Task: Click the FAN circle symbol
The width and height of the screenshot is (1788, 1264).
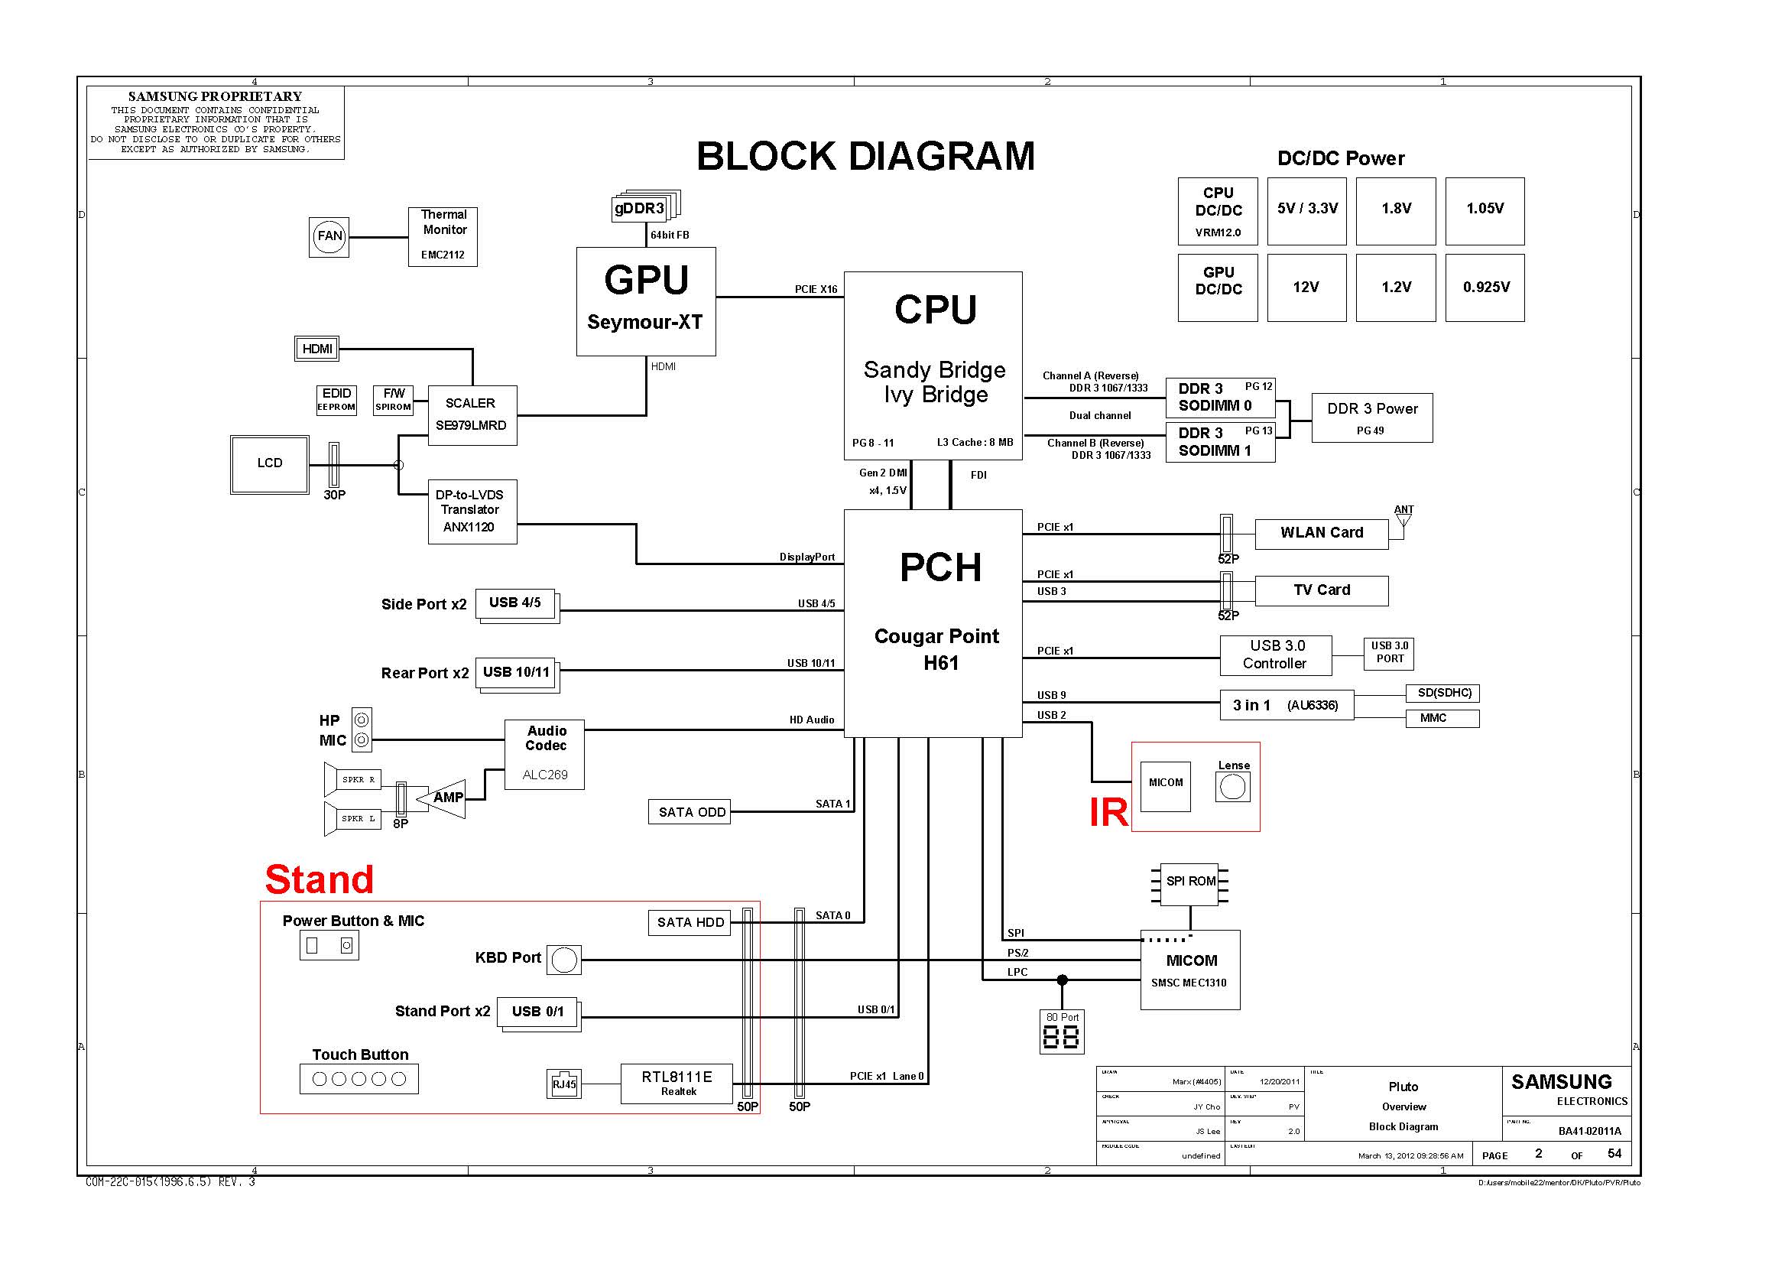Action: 329,237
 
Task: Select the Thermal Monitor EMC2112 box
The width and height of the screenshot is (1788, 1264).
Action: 443,237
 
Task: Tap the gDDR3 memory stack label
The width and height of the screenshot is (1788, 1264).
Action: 640,209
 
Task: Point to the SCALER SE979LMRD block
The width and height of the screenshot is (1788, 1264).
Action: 472,415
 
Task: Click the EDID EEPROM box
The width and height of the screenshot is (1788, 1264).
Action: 336,399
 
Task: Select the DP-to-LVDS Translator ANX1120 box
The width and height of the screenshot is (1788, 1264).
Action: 472,511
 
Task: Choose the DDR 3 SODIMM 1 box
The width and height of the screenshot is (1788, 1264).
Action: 1219,442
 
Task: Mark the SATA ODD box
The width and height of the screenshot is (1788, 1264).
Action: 690,811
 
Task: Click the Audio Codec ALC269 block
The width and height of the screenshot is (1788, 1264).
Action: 544,754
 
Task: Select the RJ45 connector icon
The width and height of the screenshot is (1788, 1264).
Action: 564,1084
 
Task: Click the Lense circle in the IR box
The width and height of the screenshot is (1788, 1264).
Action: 1232,788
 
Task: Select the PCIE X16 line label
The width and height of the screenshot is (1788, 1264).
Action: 816,290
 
